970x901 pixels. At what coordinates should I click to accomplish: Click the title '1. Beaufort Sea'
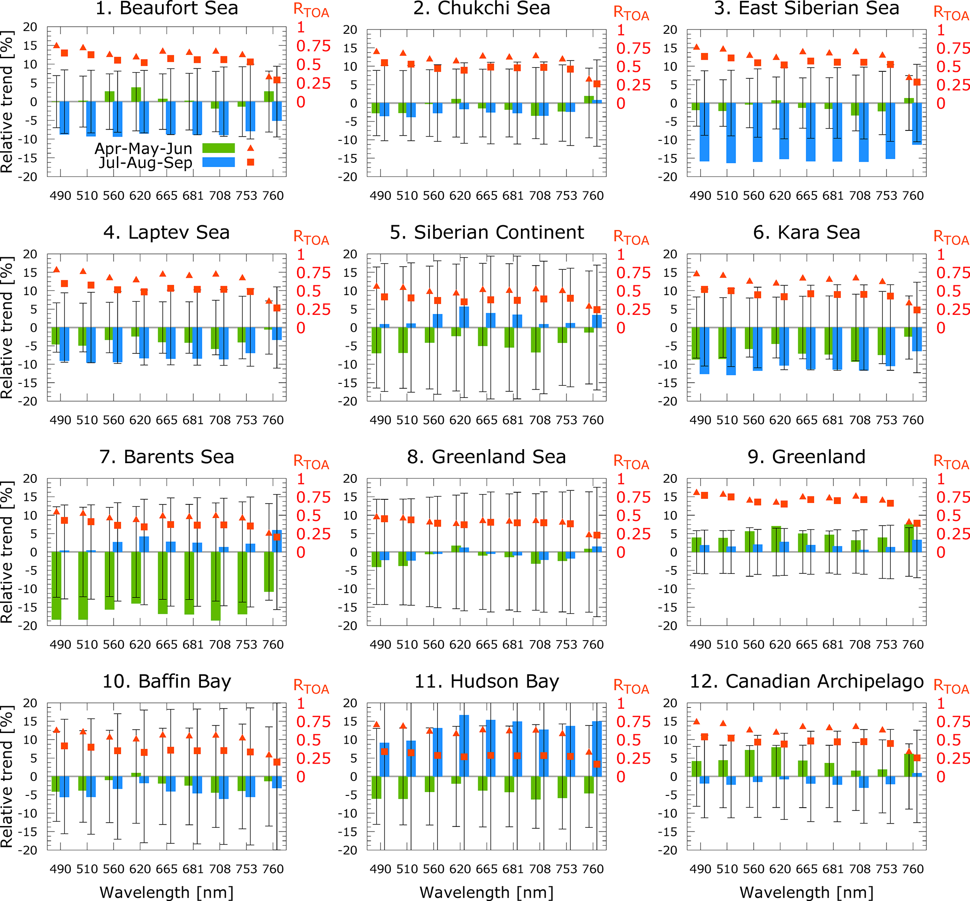click(x=167, y=8)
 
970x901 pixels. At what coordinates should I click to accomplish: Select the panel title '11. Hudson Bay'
click(x=487, y=681)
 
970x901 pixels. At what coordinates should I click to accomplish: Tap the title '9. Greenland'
click(x=806, y=457)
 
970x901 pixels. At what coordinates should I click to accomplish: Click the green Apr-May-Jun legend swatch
click(x=218, y=148)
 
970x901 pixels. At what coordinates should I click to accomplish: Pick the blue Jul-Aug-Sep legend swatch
click(x=218, y=162)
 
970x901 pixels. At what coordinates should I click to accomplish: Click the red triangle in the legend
click(x=251, y=148)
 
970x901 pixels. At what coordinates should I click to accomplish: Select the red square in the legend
click(x=251, y=162)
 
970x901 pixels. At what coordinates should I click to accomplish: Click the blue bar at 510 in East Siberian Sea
click(x=731, y=133)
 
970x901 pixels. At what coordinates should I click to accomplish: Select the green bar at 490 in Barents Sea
click(x=56, y=585)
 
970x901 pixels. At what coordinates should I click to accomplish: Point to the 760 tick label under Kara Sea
click(x=913, y=420)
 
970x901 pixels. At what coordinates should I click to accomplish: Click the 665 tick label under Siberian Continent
click(x=487, y=420)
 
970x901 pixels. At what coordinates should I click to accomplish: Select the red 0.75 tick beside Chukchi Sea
click(x=633, y=49)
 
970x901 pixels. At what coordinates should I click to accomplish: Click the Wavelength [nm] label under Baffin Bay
click(x=167, y=892)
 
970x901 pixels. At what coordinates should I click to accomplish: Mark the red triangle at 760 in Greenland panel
click(x=909, y=522)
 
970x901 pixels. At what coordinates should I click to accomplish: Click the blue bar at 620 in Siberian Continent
click(x=464, y=317)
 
